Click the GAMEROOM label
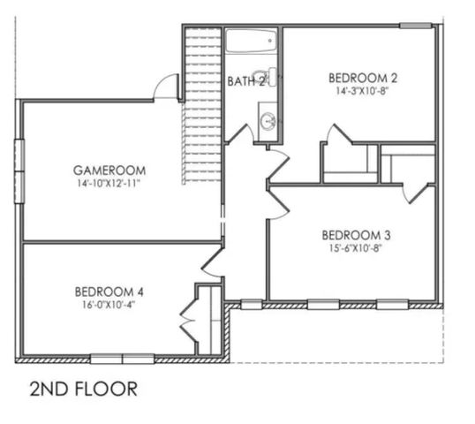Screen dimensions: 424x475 point(109,170)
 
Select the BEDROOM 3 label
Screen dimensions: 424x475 point(356,235)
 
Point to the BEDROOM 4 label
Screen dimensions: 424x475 point(109,291)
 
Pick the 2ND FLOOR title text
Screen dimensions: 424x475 point(83,389)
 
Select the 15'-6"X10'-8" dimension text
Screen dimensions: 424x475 point(356,248)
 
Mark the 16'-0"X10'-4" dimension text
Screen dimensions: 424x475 point(109,305)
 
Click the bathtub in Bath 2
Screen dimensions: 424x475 point(252,42)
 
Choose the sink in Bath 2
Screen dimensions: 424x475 point(268,119)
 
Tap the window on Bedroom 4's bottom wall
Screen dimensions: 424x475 point(123,359)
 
